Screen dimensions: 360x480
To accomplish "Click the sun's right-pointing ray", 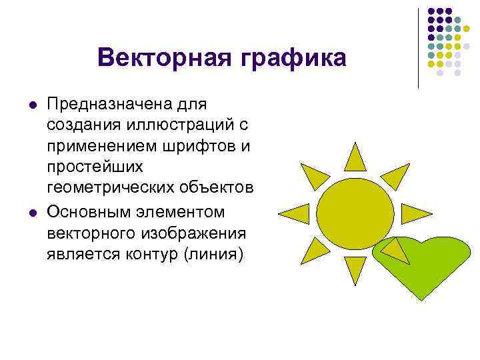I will tap(415, 213).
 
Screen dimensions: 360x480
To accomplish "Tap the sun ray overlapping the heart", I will tap(396, 253).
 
